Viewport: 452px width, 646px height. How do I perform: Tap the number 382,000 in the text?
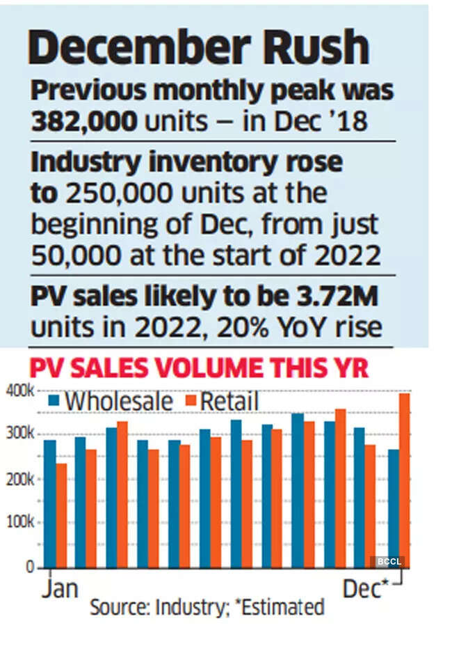pos(83,123)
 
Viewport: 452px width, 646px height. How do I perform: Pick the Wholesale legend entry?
pos(118,402)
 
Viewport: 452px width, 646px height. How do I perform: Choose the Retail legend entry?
pos(229,402)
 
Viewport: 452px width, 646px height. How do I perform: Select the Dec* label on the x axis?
pos(364,589)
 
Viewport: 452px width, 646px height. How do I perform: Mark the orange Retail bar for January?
pos(61,515)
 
